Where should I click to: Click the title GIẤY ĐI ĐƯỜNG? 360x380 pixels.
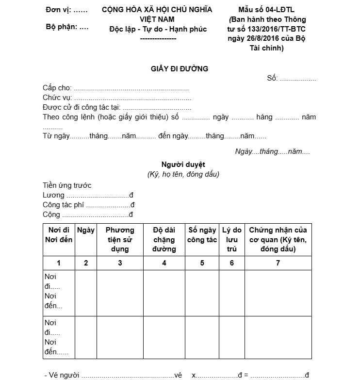click(x=180, y=69)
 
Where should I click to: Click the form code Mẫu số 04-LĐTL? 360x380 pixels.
click(x=266, y=10)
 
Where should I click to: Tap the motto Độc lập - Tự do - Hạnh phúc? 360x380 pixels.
click(x=158, y=29)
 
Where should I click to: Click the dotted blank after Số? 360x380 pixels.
click(x=298, y=79)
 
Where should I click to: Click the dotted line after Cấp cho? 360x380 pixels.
click(x=131, y=88)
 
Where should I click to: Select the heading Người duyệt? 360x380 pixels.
click(x=183, y=165)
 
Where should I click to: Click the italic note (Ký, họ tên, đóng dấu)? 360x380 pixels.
click(x=183, y=174)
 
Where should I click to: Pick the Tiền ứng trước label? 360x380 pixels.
click(x=67, y=185)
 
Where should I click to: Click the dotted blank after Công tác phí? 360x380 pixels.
click(x=108, y=205)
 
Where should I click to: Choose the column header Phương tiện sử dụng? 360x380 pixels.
click(x=120, y=239)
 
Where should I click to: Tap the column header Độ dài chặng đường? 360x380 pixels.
click(x=164, y=239)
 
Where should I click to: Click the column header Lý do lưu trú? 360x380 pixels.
click(x=231, y=239)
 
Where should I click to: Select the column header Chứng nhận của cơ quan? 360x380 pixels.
click(x=278, y=239)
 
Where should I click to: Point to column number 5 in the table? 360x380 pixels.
click(x=202, y=263)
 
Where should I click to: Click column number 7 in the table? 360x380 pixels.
click(x=278, y=263)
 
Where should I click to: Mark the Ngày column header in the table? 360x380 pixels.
click(x=86, y=230)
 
